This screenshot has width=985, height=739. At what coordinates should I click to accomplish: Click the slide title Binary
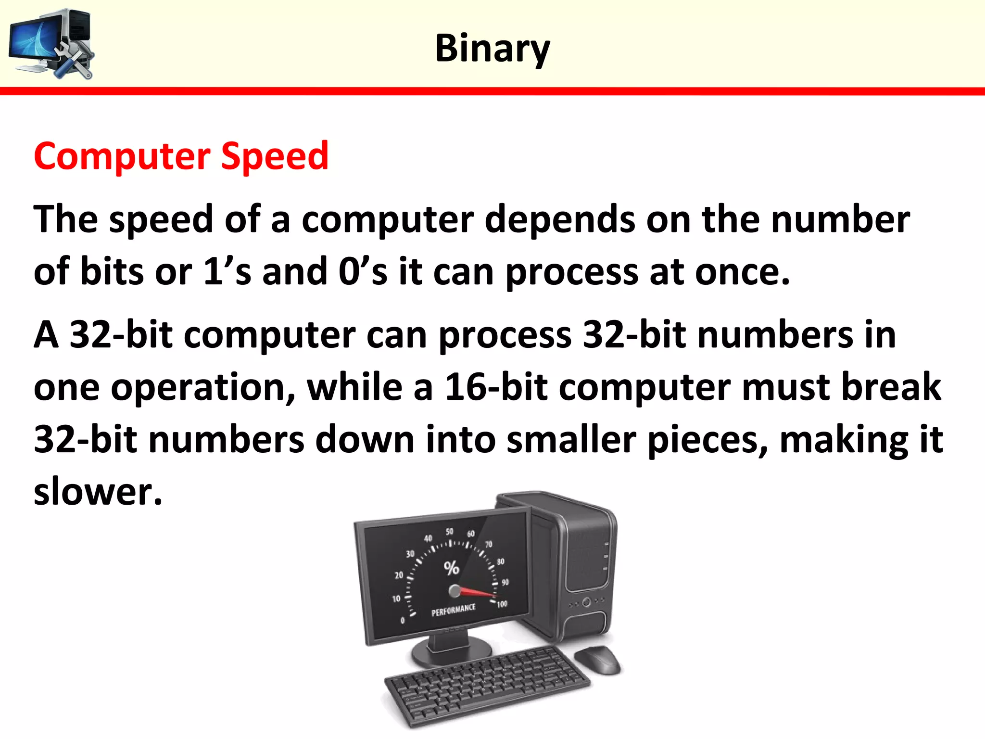pos(492,49)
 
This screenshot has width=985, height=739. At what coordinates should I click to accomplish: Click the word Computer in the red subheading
pos(122,157)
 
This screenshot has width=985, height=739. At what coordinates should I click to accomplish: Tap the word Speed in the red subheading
pos(275,157)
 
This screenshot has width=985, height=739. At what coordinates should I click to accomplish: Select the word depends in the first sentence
pos(559,219)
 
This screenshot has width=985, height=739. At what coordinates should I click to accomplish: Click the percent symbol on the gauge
pos(451,568)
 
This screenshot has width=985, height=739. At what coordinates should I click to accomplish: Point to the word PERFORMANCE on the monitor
pos(453,610)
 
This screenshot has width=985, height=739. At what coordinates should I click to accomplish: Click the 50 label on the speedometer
pos(449,532)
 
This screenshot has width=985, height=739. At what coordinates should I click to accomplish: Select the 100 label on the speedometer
pos(502,604)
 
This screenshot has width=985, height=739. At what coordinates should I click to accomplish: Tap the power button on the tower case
pos(586,602)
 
